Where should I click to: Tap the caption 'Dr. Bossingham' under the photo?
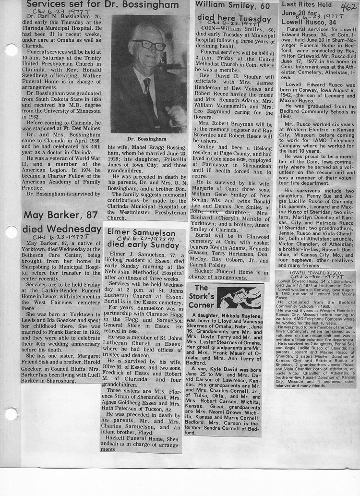click(x=147, y=139)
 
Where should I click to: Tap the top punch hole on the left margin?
click(x=10, y=50)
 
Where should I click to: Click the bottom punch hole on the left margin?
click(x=10, y=414)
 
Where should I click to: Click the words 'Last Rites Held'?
click(x=306, y=5)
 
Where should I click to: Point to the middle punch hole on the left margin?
click(x=10, y=232)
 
